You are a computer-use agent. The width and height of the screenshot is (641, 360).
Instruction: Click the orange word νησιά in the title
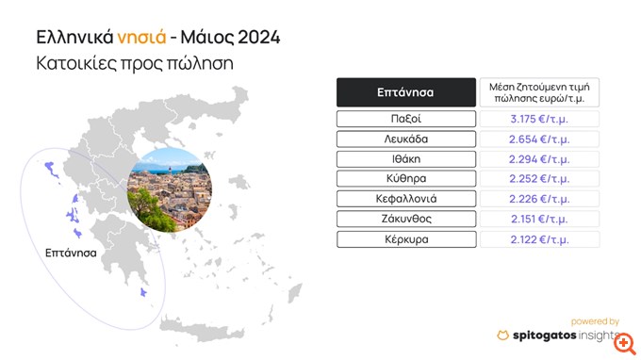(140, 39)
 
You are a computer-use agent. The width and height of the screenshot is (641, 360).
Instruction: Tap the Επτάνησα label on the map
(73, 254)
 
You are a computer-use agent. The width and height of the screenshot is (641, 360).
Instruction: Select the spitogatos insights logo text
(561, 335)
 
